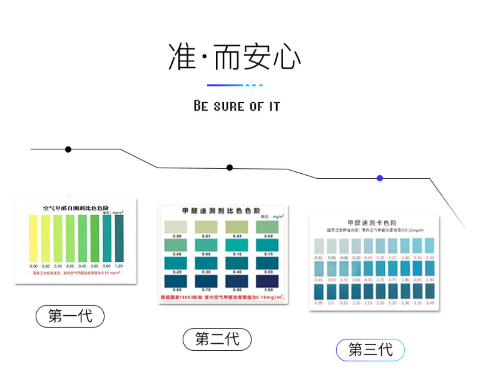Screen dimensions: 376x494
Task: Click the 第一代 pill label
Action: click(70, 316)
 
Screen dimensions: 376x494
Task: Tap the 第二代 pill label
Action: click(217, 339)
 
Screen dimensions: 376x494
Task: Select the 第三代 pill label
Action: click(370, 350)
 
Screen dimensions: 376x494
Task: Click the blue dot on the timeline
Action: click(380, 178)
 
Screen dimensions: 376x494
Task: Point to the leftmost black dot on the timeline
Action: click(68, 149)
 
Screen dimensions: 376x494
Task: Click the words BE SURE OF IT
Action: click(236, 106)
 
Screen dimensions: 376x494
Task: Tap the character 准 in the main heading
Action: click(182, 57)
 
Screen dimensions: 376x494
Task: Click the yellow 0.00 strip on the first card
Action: click(33, 238)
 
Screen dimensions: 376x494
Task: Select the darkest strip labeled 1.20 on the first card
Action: click(119, 238)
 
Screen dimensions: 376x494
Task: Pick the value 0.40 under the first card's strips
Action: click(82, 266)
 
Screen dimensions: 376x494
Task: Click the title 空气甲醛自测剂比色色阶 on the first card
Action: click(76, 208)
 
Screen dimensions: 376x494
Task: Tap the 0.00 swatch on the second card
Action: click(176, 227)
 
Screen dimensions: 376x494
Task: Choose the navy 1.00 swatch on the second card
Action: click(267, 281)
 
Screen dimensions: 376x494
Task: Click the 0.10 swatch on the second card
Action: click(236, 245)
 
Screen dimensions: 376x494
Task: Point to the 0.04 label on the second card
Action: click(268, 236)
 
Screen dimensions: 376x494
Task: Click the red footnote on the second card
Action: click(223, 297)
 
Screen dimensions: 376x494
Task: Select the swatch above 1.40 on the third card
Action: click(430, 291)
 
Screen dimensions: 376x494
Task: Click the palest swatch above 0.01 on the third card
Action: click(319, 246)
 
